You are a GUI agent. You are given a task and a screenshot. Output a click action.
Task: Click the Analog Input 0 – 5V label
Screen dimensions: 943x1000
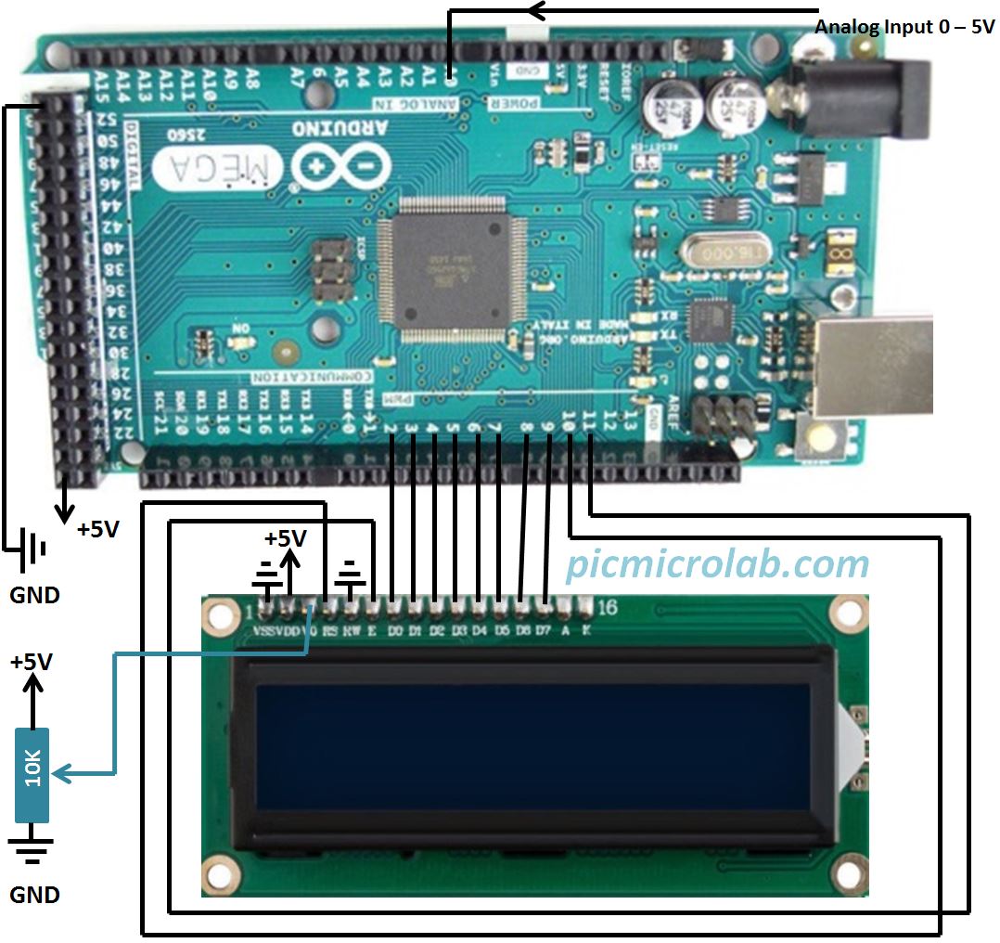pyautogui.click(x=904, y=26)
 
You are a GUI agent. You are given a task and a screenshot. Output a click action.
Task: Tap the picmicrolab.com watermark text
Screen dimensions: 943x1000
pyautogui.click(x=718, y=563)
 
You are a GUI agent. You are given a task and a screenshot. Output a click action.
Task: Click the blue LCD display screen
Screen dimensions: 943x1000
pyautogui.click(x=532, y=748)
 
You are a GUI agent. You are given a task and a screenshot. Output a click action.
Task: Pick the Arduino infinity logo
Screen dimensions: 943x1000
pyautogui.click(x=339, y=167)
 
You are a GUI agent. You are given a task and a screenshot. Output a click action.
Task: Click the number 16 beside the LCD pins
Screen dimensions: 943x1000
pyautogui.click(x=608, y=609)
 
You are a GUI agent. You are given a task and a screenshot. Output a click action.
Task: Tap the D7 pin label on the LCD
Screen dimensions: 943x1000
pyautogui.click(x=545, y=632)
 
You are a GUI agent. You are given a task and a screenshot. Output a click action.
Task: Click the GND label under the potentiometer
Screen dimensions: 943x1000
pyautogui.click(x=34, y=895)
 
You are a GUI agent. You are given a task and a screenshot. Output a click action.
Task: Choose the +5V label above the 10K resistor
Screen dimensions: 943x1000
pyautogui.click(x=32, y=663)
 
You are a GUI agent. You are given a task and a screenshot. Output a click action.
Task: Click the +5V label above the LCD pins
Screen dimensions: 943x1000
pyautogui.click(x=285, y=538)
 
